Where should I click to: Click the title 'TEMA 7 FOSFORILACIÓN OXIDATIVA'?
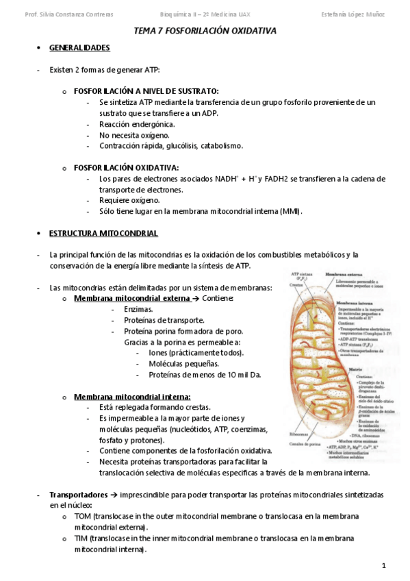click(x=205, y=32)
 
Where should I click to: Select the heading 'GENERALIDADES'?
click(x=79, y=48)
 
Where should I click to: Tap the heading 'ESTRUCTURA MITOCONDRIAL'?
click(x=103, y=234)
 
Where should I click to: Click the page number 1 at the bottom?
click(x=384, y=565)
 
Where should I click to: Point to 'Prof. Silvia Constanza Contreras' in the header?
click(x=68, y=14)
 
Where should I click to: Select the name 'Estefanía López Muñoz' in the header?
click(x=353, y=14)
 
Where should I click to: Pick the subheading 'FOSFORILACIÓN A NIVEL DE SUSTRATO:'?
click(x=146, y=91)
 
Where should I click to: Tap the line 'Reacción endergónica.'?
click(x=137, y=124)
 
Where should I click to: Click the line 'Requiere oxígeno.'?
click(x=129, y=200)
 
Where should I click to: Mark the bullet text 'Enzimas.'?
click(x=138, y=310)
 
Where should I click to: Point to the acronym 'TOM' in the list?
click(x=82, y=517)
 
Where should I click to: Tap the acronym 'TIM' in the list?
click(x=81, y=539)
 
